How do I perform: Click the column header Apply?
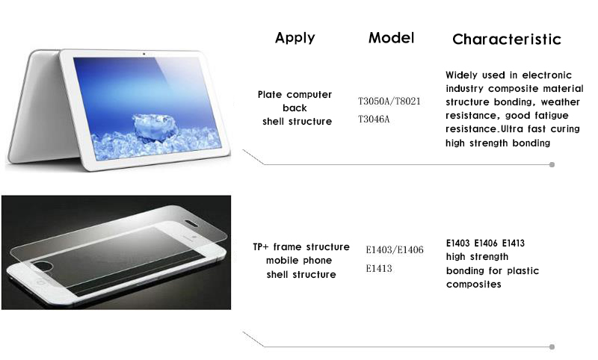[295, 38]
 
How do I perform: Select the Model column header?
[391, 37]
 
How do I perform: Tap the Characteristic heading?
[507, 40]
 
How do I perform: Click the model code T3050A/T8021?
[389, 102]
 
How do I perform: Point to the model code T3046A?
[374, 120]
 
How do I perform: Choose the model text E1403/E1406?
[395, 250]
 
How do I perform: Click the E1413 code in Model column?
[379, 269]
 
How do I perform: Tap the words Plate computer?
[295, 95]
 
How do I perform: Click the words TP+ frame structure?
[301, 247]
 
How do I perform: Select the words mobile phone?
[299, 261]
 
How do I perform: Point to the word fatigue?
[552, 116]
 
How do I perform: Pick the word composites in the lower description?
[473, 285]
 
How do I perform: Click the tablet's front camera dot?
[144, 54]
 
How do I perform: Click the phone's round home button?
[40, 282]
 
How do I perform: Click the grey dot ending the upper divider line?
[552, 164]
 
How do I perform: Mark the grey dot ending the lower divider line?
[552, 347]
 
